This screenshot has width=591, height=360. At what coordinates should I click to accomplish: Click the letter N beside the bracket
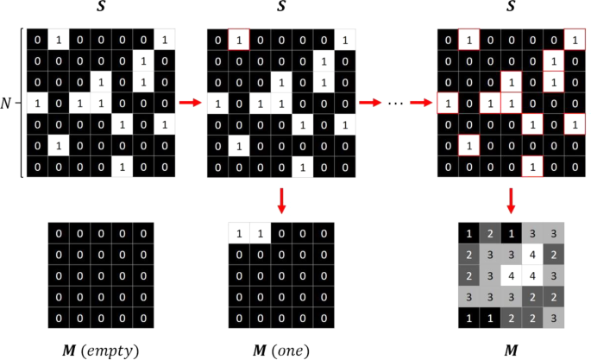click(x=7, y=103)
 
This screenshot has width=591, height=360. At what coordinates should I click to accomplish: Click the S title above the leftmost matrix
click(x=100, y=9)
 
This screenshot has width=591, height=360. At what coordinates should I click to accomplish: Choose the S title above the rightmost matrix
click(x=511, y=9)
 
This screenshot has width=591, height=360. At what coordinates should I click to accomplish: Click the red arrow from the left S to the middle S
click(x=190, y=103)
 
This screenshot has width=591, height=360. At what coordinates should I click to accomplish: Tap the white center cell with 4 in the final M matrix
click(x=511, y=277)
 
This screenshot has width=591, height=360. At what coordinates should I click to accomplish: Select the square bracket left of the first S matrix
click(x=21, y=103)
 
